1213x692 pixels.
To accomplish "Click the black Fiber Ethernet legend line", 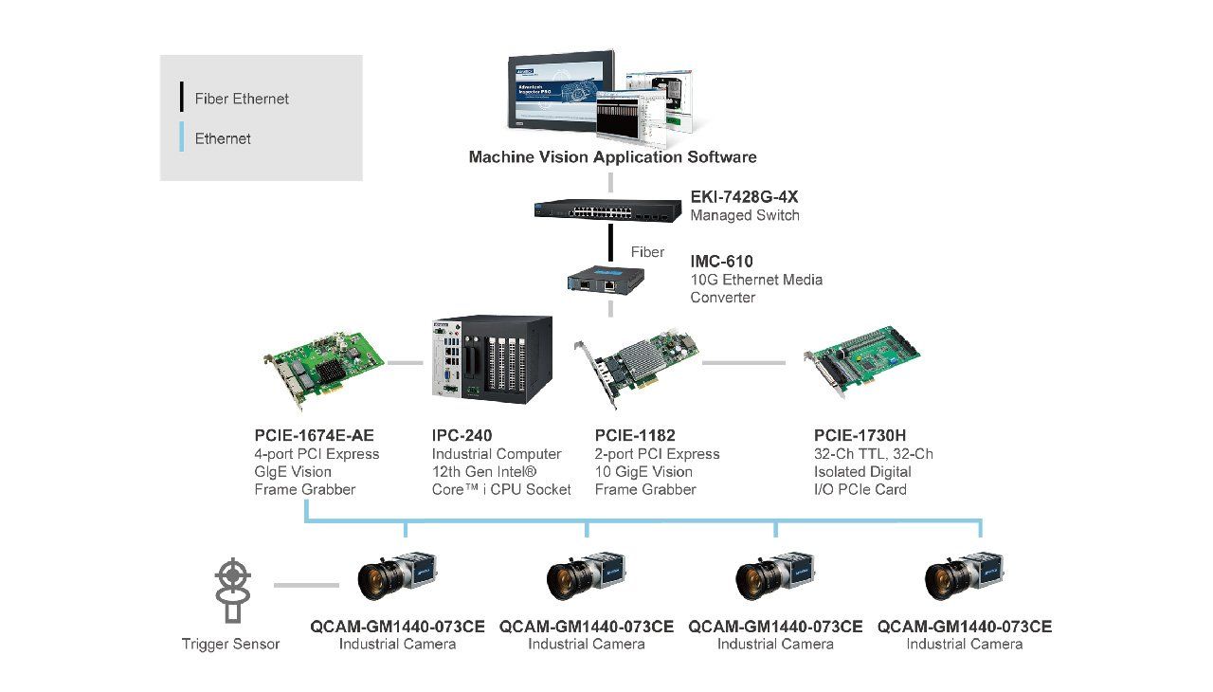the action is click(181, 97).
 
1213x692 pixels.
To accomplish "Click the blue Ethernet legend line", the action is click(181, 137).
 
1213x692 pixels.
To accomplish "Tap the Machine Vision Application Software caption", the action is click(612, 157).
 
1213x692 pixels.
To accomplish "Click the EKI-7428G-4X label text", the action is click(744, 196).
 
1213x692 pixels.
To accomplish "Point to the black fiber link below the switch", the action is click(611, 243).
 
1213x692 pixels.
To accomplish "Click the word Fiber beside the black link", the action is click(647, 252).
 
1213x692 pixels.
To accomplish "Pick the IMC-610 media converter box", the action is click(606, 279).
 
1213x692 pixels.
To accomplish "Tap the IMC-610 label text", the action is click(721, 262).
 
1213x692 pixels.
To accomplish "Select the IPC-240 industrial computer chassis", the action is click(492, 359).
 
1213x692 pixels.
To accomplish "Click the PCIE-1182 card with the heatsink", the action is click(636, 366).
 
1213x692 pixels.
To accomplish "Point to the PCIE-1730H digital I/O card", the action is click(861, 360).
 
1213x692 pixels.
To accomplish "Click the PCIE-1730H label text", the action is click(860, 435).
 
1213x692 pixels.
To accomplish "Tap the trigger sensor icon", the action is click(233, 590).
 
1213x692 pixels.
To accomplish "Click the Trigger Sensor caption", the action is click(230, 644).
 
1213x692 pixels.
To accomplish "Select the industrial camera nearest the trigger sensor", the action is click(397, 575).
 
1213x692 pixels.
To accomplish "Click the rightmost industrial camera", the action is click(964, 575).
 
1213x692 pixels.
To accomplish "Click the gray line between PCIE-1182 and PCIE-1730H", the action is click(744, 363).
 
